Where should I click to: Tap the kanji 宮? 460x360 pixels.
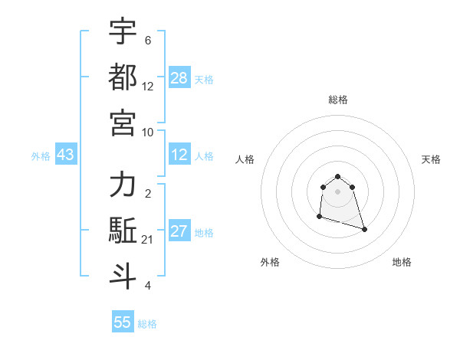point(123,122)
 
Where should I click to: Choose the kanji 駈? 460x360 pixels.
point(123,230)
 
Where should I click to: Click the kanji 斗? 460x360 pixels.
point(123,275)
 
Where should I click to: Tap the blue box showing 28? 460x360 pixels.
point(179,77)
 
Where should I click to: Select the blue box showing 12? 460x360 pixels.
point(179,155)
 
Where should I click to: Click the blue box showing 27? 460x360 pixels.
point(179,231)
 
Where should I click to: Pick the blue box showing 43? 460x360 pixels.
point(66,155)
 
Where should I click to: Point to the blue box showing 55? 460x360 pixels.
point(123,322)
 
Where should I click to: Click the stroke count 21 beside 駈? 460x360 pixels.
point(148,240)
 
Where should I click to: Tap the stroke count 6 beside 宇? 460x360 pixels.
point(147,40)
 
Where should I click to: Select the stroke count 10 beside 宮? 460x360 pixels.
point(148,132)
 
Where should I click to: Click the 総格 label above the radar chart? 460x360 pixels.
point(338,100)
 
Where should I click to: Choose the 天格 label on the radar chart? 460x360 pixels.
point(432,159)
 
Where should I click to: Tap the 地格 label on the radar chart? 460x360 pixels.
point(402,262)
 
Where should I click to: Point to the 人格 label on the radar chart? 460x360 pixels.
point(245,159)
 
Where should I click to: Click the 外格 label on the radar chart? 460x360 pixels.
point(270,262)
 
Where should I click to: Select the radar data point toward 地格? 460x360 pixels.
point(364,229)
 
